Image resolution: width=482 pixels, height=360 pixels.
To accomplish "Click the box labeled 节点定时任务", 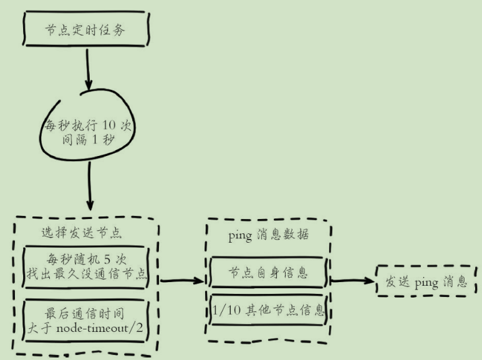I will pyautogui.click(x=86, y=29).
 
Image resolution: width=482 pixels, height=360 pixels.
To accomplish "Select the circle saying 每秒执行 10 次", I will pyautogui.click(x=88, y=131).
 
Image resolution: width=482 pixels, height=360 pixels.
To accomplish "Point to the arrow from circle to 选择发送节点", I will pyautogui.click(x=91, y=187).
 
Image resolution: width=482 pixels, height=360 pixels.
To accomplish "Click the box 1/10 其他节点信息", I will pyautogui.click(x=268, y=309).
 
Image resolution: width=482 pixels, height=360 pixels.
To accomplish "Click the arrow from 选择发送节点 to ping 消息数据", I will pyautogui.click(x=183, y=281).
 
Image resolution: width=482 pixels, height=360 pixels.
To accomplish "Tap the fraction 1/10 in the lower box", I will pyautogui.click(x=221, y=309).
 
